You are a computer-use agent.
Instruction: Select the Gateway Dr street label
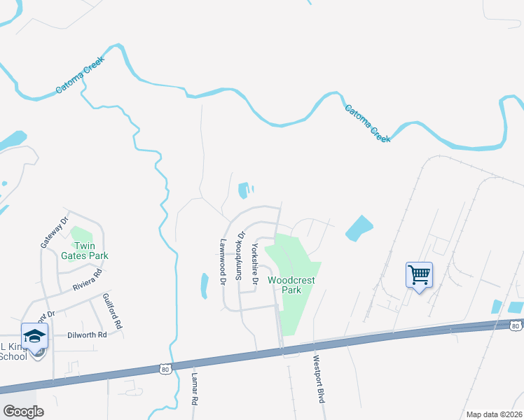point(55,232)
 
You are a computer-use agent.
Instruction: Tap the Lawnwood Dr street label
point(222,263)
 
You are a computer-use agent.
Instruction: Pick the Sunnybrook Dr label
point(239,256)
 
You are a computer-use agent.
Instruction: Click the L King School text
point(13,351)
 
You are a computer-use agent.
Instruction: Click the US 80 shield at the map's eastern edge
point(516,325)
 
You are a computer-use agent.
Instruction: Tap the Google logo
point(23,412)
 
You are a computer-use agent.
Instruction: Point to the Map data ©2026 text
point(495,414)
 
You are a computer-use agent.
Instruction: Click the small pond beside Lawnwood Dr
point(205,286)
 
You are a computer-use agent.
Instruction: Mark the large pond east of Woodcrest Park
point(359,228)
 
